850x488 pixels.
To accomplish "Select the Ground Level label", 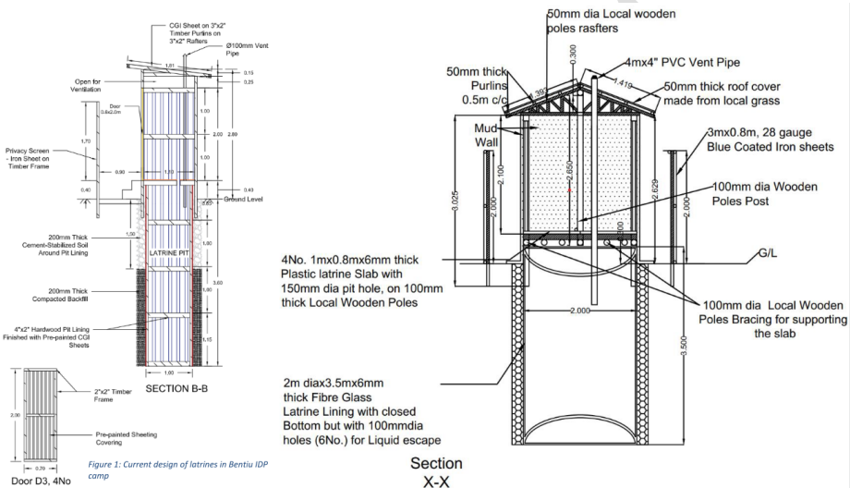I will [x=243, y=201].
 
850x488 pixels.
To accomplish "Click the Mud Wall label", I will [x=486, y=134].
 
